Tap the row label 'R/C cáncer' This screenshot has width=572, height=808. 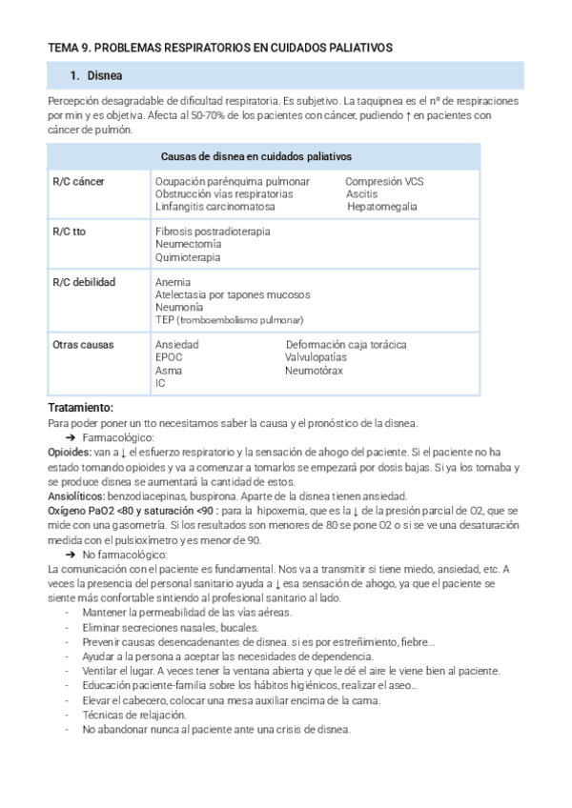click(78, 181)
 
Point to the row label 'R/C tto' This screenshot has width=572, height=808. click(71, 232)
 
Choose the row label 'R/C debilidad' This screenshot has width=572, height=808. click(84, 283)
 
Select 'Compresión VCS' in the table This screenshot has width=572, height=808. click(384, 181)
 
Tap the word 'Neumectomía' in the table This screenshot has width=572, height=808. click(189, 244)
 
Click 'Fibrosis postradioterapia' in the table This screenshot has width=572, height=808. click(212, 232)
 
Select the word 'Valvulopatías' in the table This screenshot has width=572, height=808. click(316, 357)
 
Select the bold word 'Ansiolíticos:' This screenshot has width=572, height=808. click(77, 495)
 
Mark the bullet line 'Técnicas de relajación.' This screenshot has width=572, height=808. click(134, 715)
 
